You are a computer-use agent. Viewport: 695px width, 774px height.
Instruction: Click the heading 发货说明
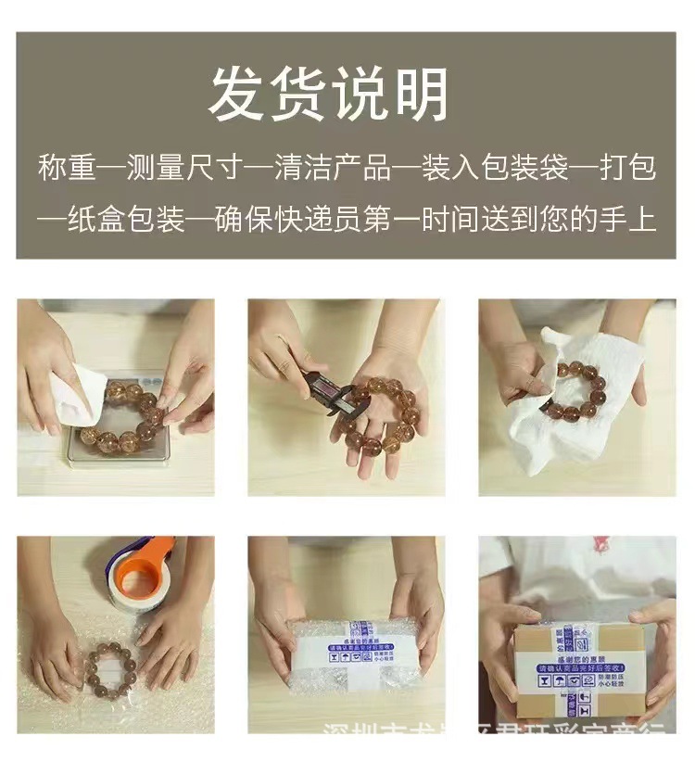(328, 95)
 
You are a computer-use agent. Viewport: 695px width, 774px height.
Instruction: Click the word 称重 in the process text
(67, 168)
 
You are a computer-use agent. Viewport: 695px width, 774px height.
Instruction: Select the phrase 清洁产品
(331, 168)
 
